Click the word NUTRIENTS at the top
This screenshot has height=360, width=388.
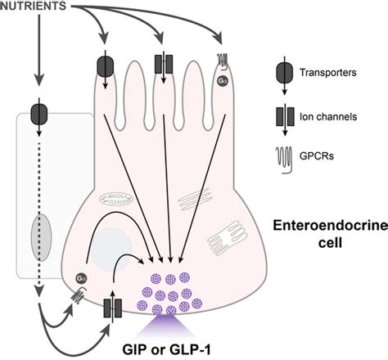pos(38,7)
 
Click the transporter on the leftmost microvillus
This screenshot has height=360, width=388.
pos(106,66)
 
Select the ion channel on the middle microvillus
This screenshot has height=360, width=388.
pos(163,66)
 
